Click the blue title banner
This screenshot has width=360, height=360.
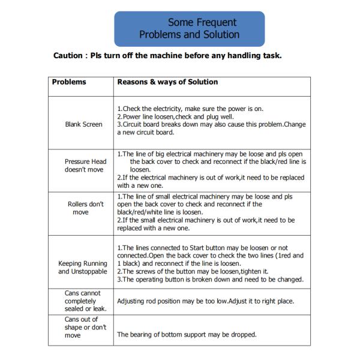[x=189, y=28]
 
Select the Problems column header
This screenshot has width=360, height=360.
[x=69, y=82]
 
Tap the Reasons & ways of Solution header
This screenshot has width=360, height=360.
[x=167, y=82]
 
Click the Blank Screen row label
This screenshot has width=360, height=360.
[x=83, y=125]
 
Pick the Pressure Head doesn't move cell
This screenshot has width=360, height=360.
[x=85, y=166]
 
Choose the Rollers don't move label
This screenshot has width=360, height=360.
[x=85, y=208]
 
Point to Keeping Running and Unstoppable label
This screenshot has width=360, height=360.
[x=83, y=268]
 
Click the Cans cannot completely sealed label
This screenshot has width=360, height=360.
[x=83, y=301]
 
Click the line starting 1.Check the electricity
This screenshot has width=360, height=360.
[x=190, y=109]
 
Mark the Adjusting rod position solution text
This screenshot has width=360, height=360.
[x=205, y=301]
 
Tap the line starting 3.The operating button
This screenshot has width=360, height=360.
[x=210, y=280]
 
